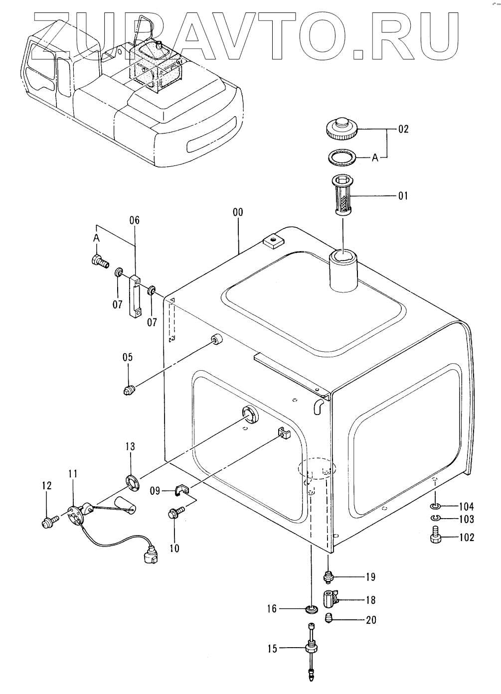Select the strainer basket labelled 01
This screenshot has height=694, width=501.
coord(342,194)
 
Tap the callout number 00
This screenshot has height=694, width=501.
coord(238,212)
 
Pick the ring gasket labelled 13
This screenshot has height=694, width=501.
coord(132,483)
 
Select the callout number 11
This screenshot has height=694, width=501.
coord(73,474)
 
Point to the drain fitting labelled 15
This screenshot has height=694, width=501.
coord(311,649)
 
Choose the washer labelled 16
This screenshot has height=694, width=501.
coord(312,609)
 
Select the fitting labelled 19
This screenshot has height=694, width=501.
coord(328,577)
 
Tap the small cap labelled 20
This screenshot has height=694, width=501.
coord(329,619)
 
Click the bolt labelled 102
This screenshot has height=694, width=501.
coord(434,538)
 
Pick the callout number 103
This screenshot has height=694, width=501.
coord(467,519)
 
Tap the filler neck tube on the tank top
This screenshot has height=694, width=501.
coord(343,273)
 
